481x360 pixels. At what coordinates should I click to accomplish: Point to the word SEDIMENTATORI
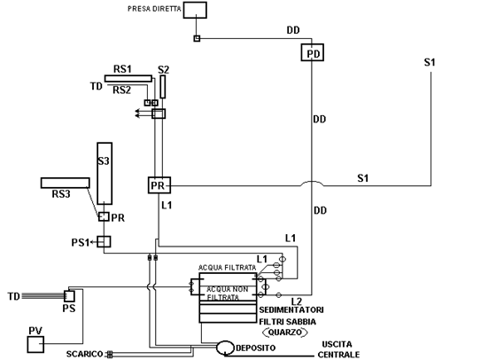tap(291, 309)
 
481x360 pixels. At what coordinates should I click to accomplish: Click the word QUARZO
tap(285, 332)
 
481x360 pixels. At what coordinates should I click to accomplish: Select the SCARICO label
tap(85, 354)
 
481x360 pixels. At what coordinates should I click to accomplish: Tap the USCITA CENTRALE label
tap(338, 349)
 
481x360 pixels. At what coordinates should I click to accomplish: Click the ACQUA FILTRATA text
tap(228, 268)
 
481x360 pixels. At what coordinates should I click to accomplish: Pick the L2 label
tap(297, 301)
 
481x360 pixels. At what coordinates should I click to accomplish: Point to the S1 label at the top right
tap(430, 62)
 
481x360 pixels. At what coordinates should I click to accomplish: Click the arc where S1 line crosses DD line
tap(312, 182)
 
